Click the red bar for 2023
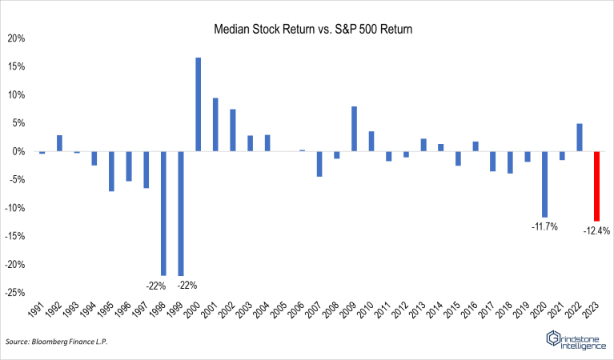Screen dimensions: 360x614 pos(596,186)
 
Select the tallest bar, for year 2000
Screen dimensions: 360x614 pos(199,104)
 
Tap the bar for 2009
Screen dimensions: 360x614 pos(354,129)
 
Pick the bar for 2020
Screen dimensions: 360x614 pos(544,184)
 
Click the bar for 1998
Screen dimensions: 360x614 pos(163,213)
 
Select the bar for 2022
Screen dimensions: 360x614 pos(579,137)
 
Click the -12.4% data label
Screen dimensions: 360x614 pos(596,230)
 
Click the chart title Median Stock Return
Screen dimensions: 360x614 pos(311,29)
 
